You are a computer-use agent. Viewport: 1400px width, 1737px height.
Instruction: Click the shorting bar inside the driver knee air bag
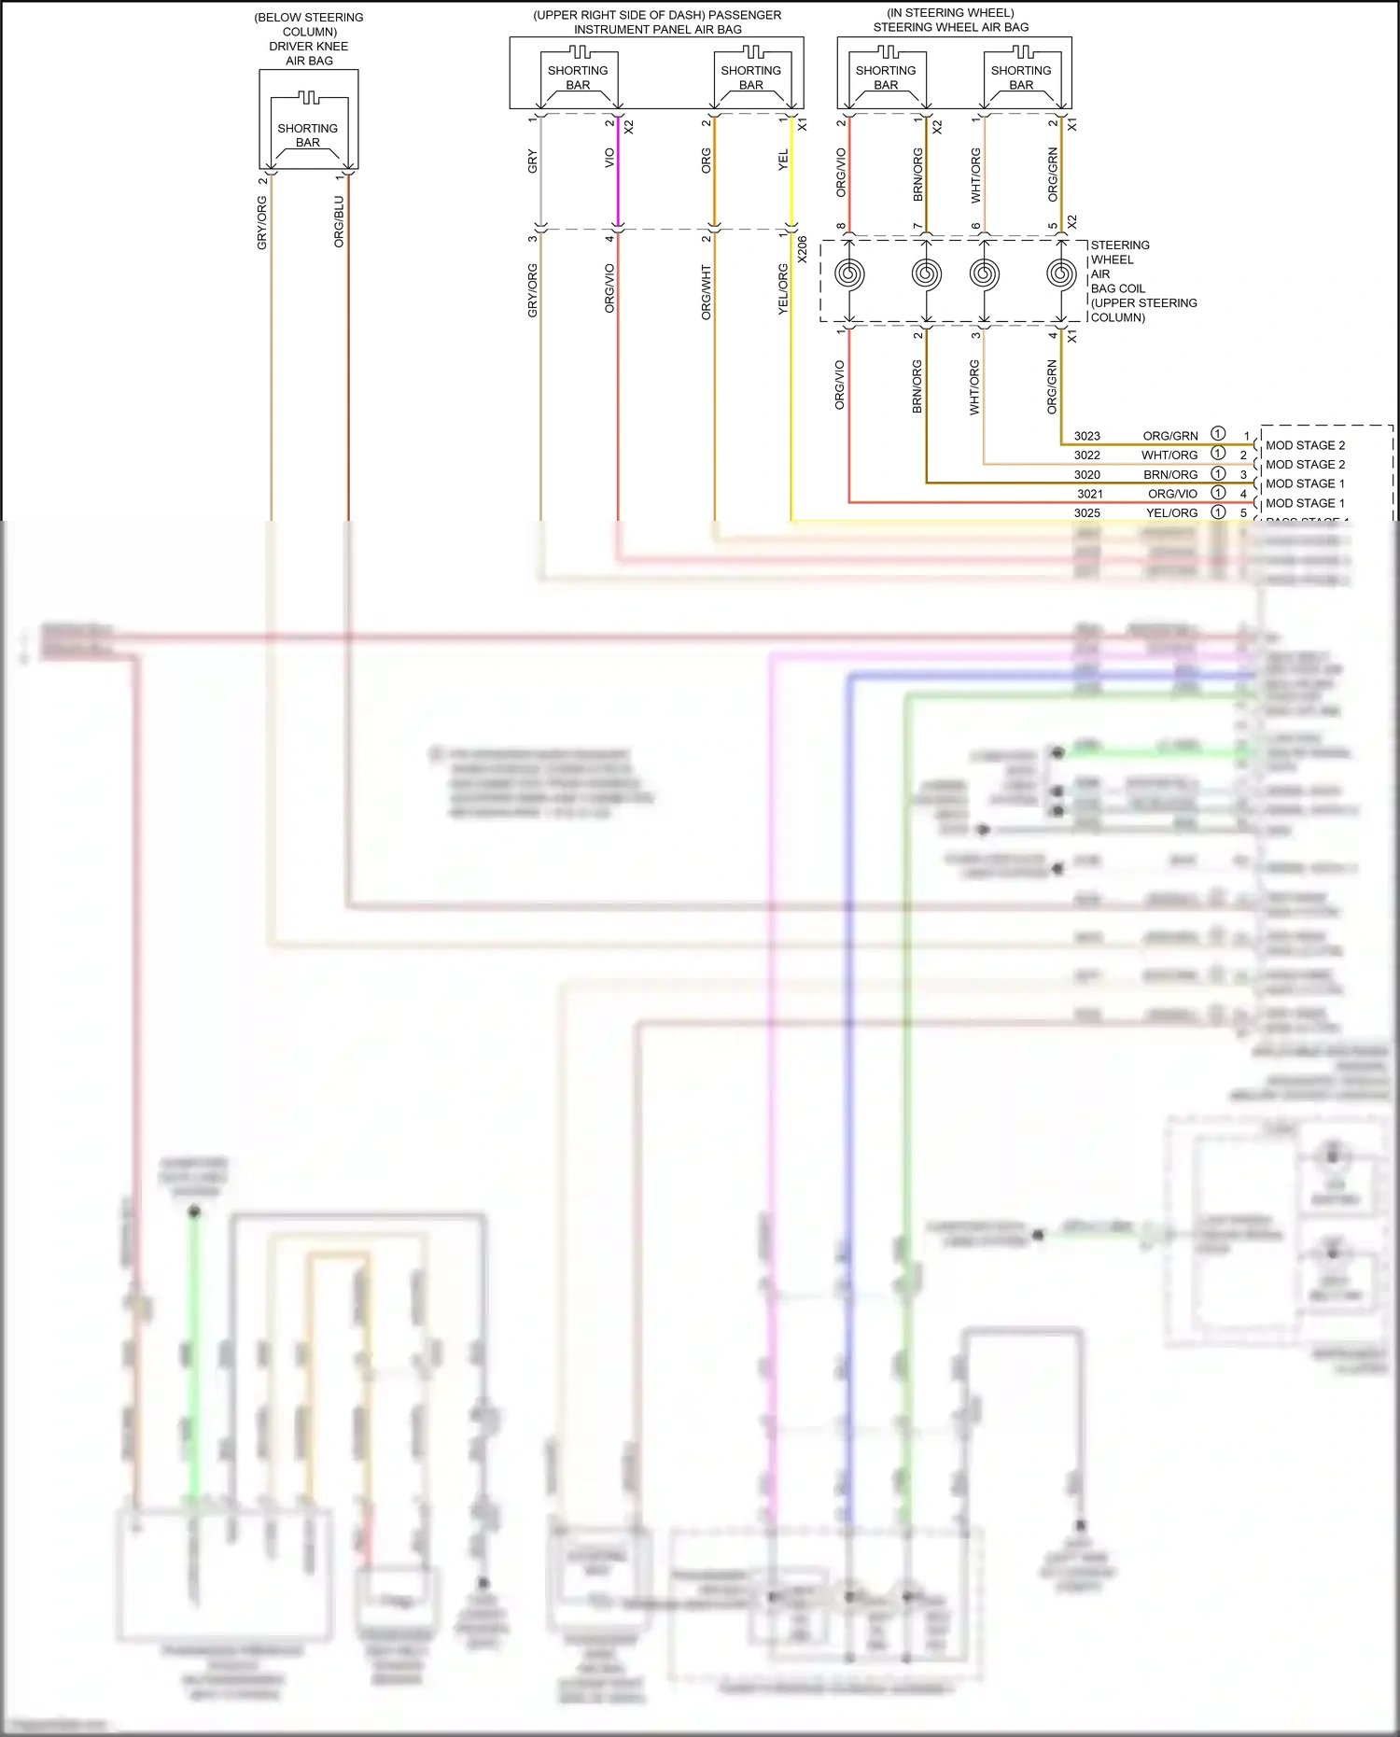[x=308, y=135]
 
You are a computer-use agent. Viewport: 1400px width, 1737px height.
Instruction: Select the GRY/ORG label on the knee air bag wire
[x=262, y=222]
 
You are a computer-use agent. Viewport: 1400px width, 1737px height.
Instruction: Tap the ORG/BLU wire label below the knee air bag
[x=339, y=221]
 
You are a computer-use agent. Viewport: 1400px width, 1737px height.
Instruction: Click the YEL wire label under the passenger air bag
[x=783, y=160]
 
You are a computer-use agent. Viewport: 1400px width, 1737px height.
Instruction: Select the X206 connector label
[x=802, y=248]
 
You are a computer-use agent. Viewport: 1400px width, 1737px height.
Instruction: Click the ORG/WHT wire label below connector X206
[x=707, y=292]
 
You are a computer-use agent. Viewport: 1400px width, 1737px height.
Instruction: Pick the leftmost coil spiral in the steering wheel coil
[x=849, y=274]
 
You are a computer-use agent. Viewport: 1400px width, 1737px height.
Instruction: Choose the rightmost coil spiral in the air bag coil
[x=1061, y=274]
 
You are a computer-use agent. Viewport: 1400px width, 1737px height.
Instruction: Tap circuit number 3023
[x=1086, y=436]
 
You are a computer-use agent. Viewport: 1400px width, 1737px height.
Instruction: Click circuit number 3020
[x=1086, y=474]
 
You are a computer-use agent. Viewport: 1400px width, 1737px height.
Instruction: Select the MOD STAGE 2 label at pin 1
[x=1305, y=445]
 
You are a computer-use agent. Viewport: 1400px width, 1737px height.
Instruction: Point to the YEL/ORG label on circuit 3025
[x=1171, y=512]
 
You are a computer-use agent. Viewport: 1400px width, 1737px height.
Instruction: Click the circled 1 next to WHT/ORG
[x=1218, y=454]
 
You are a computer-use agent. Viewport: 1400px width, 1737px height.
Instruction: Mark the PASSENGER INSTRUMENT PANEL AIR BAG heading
[x=657, y=22]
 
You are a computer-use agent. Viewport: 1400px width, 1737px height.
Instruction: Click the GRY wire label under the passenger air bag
[x=533, y=161]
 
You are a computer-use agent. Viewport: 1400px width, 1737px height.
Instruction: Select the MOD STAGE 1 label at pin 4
[x=1305, y=503]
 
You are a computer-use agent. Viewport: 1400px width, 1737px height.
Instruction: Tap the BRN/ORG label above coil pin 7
[x=917, y=175]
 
